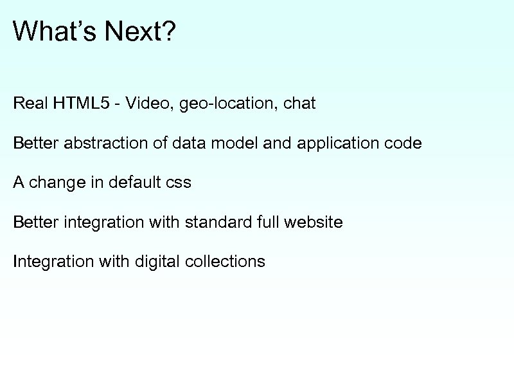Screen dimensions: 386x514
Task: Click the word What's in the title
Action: pyautogui.click(x=49, y=31)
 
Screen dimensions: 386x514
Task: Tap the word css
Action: pyautogui.click(x=179, y=183)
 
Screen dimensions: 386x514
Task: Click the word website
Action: pyautogui.click(x=312, y=223)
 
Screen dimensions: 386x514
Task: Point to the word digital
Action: pyautogui.click(x=157, y=262)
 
